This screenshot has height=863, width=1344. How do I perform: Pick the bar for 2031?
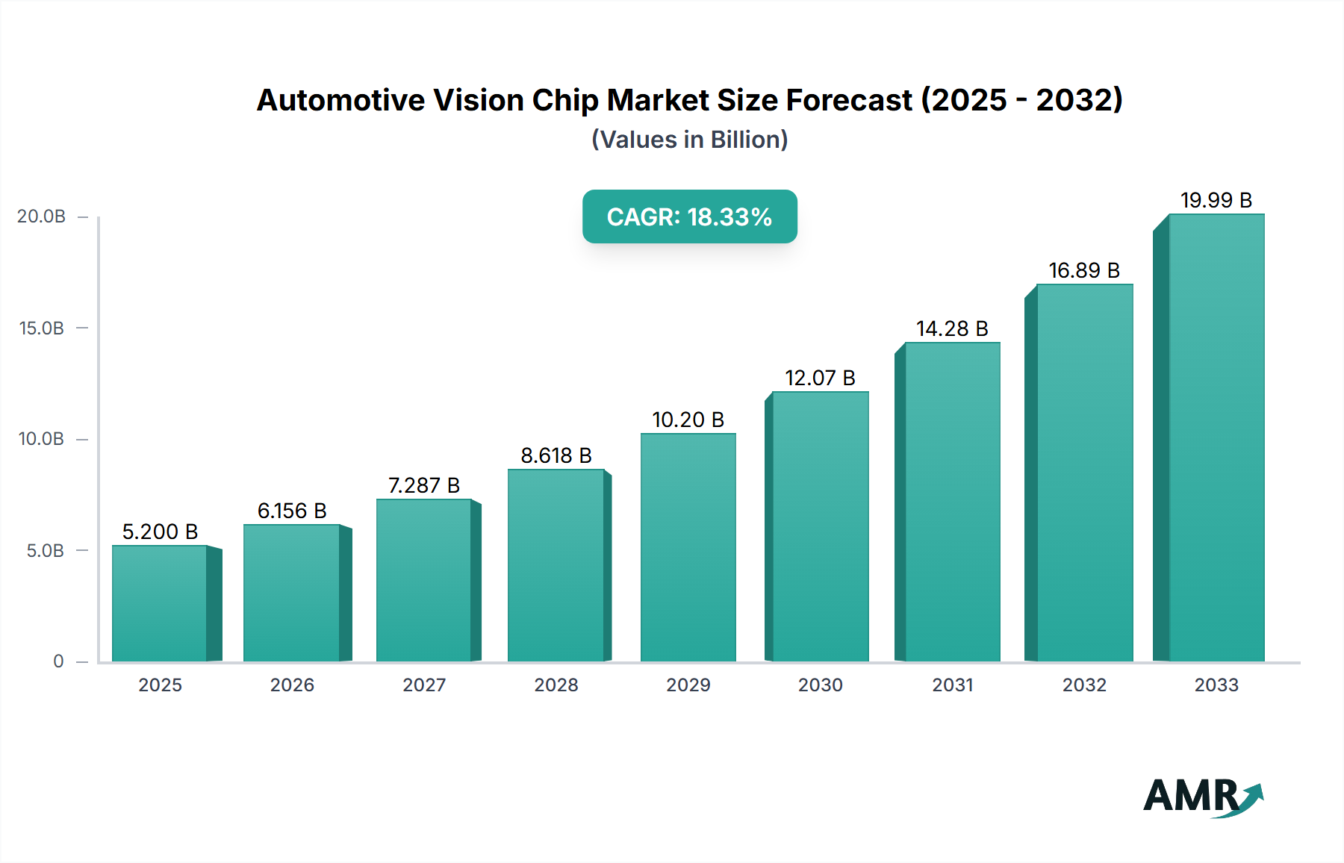pos(952,502)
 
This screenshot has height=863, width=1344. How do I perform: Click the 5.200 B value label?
pos(160,532)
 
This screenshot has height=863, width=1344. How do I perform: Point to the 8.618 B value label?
pos(556,455)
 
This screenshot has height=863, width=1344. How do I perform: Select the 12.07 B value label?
pos(820,378)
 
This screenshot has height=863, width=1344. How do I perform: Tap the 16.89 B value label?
pos(1084,270)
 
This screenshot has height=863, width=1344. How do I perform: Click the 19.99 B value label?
pos(1216,200)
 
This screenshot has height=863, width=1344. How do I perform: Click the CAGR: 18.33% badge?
pos(689,216)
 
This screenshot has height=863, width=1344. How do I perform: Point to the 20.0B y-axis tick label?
pos(42,216)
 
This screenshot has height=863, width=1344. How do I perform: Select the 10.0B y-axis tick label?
pos(42,439)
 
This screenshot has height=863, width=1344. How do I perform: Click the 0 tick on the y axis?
pos(58,661)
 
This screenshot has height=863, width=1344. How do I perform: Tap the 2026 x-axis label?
pos(292,685)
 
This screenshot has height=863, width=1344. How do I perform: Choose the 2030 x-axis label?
pos(820,685)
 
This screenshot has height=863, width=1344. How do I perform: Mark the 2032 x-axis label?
pos(1084,685)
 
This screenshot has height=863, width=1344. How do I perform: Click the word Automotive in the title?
pos(340,100)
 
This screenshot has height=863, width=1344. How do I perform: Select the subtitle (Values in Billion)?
pos(689,140)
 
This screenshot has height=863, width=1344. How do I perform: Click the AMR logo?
pos(1202,797)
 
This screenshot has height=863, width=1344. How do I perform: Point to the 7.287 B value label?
pos(424,485)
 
